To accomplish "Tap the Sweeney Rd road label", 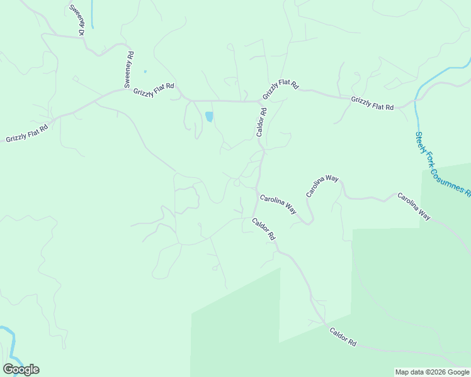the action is (x=128, y=70).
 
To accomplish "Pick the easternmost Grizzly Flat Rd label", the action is (x=372, y=104).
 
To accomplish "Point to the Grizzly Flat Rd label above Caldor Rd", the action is (x=280, y=89).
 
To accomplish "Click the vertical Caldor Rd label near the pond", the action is (x=262, y=122).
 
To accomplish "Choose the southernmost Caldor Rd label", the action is (x=343, y=337).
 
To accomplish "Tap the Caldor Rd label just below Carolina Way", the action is (x=264, y=229).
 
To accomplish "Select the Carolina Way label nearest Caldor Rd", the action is (x=278, y=204).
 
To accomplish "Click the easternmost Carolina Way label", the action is (x=414, y=205).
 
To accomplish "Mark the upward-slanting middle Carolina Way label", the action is (x=322, y=187).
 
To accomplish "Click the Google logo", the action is (x=21, y=369).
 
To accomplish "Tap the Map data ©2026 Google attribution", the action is (x=432, y=372).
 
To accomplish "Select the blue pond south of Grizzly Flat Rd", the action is (x=209, y=117).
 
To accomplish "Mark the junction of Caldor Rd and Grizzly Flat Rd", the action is (x=260, y=102).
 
